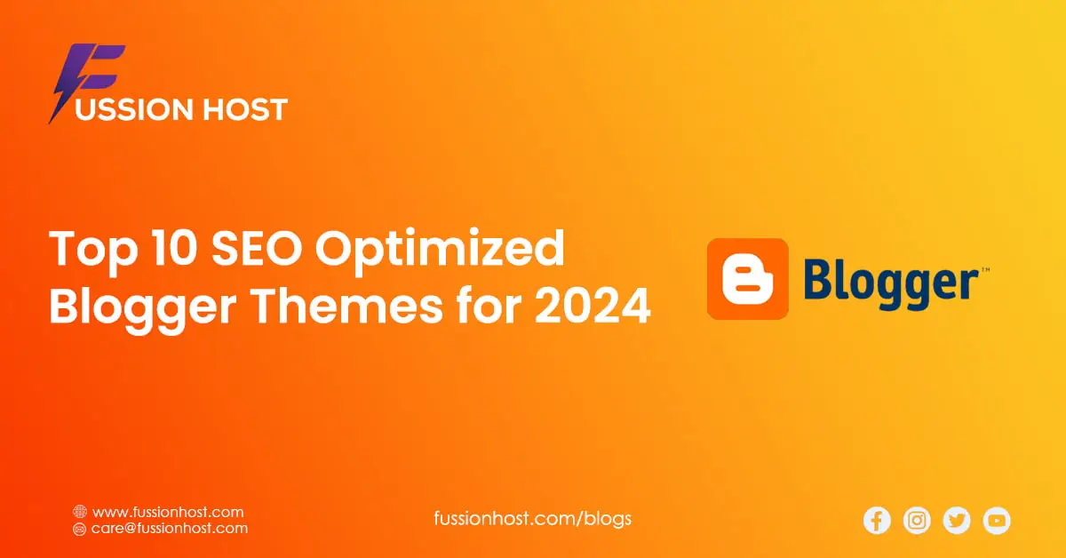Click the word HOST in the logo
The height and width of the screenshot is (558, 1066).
245,109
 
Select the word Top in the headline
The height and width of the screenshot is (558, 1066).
93,251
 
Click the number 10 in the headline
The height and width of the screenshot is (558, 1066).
175,248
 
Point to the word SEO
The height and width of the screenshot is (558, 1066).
257,248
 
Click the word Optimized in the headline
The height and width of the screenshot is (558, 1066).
440,251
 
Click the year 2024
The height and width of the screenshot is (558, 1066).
593,306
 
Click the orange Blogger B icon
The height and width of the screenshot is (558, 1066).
748,279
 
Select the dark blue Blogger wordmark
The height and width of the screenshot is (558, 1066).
891,284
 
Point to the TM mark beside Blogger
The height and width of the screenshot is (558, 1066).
985,270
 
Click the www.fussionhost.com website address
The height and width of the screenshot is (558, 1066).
168,513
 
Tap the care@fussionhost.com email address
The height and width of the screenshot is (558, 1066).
170,529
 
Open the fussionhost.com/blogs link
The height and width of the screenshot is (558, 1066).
532,519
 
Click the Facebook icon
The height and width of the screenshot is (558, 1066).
877,521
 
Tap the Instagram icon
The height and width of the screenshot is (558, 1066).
917,521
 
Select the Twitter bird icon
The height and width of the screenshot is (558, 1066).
957,521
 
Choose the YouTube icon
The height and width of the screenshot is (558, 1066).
997,521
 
